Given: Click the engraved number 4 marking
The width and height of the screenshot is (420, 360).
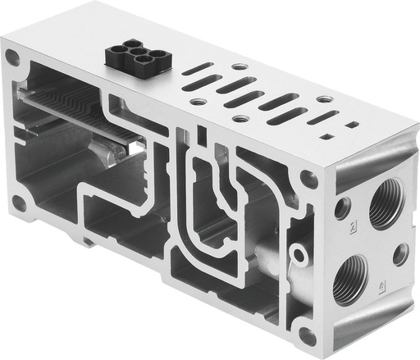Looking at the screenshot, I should (x=383, y=286).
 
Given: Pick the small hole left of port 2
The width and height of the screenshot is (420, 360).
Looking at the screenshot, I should (x=341, y=208).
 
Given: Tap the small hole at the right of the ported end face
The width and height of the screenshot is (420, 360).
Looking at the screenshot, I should (x=400, y=254).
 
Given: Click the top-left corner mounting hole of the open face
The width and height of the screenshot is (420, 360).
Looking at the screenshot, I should (x=12, y=58).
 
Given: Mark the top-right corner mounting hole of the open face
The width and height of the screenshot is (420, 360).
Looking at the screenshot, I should (x=308, y=179).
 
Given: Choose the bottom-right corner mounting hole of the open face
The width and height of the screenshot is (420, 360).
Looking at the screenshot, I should (x=307, y=335).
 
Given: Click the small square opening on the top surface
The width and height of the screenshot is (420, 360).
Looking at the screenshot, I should (x=351, y=125).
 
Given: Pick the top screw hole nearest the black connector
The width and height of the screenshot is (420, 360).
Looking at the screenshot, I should (x=239, y=66).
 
